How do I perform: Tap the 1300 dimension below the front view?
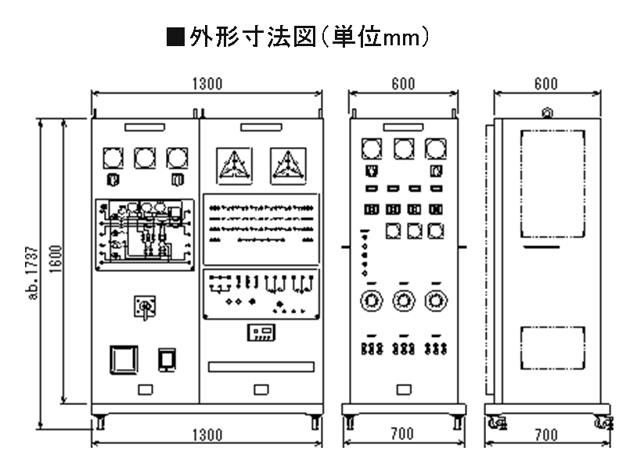point(207,435)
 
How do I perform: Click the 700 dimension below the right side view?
point(546,435)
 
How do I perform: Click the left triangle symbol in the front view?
point(234,165)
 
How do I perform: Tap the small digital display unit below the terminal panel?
point(261,333)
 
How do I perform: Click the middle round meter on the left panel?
point(145,159)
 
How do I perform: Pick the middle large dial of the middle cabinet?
point(403,300)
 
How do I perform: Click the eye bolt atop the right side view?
point(547,113)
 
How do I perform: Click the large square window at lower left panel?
point(123,359)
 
